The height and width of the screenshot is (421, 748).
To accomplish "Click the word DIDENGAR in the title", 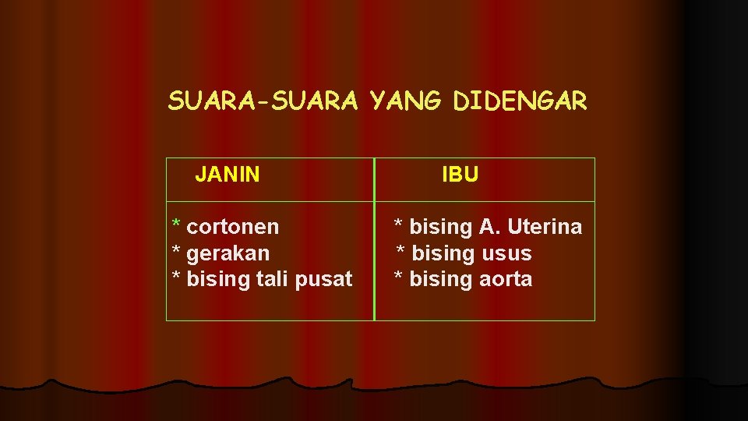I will click(x=520, y=101).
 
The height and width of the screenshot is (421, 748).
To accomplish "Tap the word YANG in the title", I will click(x=405, y=101).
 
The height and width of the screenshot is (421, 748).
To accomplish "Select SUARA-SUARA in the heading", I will click(x=263, y=101).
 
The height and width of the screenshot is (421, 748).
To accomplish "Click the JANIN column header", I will click(x=228, y=175).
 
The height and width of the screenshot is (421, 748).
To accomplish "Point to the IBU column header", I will click(x=460, y=175).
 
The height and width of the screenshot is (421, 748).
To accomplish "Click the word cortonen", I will click(x=233, y=227).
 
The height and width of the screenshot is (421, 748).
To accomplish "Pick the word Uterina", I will click(x=545, y=227).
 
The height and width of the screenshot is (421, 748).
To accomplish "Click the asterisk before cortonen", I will click(x=177, y=225).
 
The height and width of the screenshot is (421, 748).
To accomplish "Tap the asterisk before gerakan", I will click(x=175, y=251).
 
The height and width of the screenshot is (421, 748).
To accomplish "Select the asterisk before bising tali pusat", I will click(x=175, y=277).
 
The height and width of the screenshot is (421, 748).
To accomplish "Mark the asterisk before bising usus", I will click(x=400, y=251).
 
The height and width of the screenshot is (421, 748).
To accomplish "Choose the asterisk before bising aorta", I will click(x=398, y=277).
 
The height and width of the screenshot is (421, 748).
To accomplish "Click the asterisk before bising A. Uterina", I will click(x=398, y=225).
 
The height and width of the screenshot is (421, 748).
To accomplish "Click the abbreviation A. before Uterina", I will click(x=489, y=227).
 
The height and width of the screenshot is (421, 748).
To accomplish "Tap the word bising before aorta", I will click(x=441, y=279).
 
